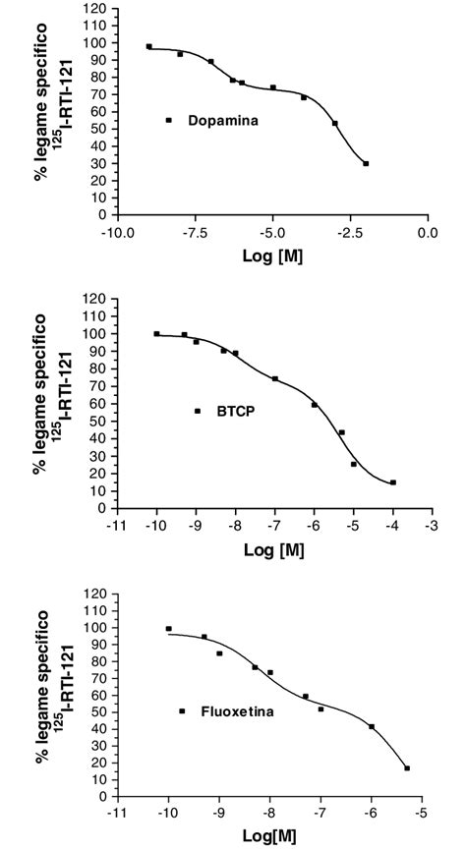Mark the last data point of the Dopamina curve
click(366, 163)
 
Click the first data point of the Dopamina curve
click(149, 46)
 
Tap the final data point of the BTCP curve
click(393, 482)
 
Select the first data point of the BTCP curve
click(156, 334)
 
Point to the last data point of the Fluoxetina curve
click(407, 768)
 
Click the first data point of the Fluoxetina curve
click(168, 629)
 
